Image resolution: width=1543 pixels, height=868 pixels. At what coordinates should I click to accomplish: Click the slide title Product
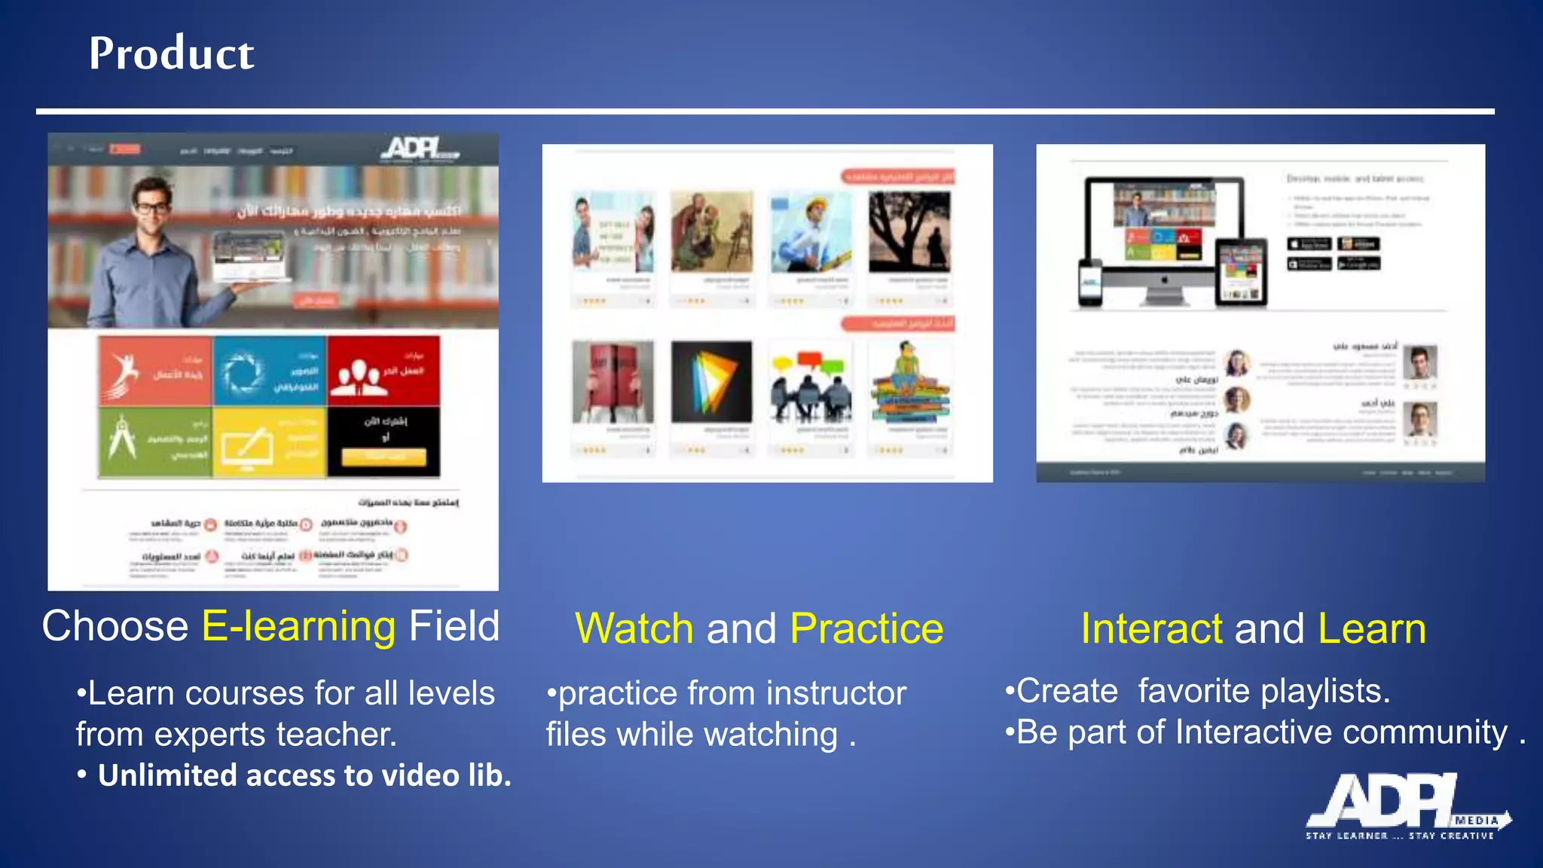point(172,54)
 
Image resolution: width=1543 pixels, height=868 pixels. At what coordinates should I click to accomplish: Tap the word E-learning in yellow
point(298,627)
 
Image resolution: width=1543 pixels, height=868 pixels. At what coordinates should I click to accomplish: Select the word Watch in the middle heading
point(634,629)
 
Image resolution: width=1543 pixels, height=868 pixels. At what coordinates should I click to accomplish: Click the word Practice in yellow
point(866,629)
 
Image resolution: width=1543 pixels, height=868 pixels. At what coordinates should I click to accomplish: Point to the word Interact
point(1151,629)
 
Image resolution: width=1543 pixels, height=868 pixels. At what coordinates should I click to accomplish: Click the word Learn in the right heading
point(1372,629)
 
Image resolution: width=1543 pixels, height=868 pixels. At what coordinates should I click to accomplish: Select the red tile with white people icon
point(383,371)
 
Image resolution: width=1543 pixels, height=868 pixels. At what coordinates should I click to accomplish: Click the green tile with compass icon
point(155,442)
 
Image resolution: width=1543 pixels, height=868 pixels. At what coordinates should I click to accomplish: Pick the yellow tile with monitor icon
point(269,442)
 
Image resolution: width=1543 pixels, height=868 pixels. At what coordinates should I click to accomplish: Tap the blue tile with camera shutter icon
point(269,371)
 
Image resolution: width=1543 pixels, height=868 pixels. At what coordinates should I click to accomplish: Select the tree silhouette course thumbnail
point(909,232)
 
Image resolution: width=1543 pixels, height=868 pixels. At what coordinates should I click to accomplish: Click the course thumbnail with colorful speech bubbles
point(810,382)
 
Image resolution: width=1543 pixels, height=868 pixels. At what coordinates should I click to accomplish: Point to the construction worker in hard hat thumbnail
point(810,232)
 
